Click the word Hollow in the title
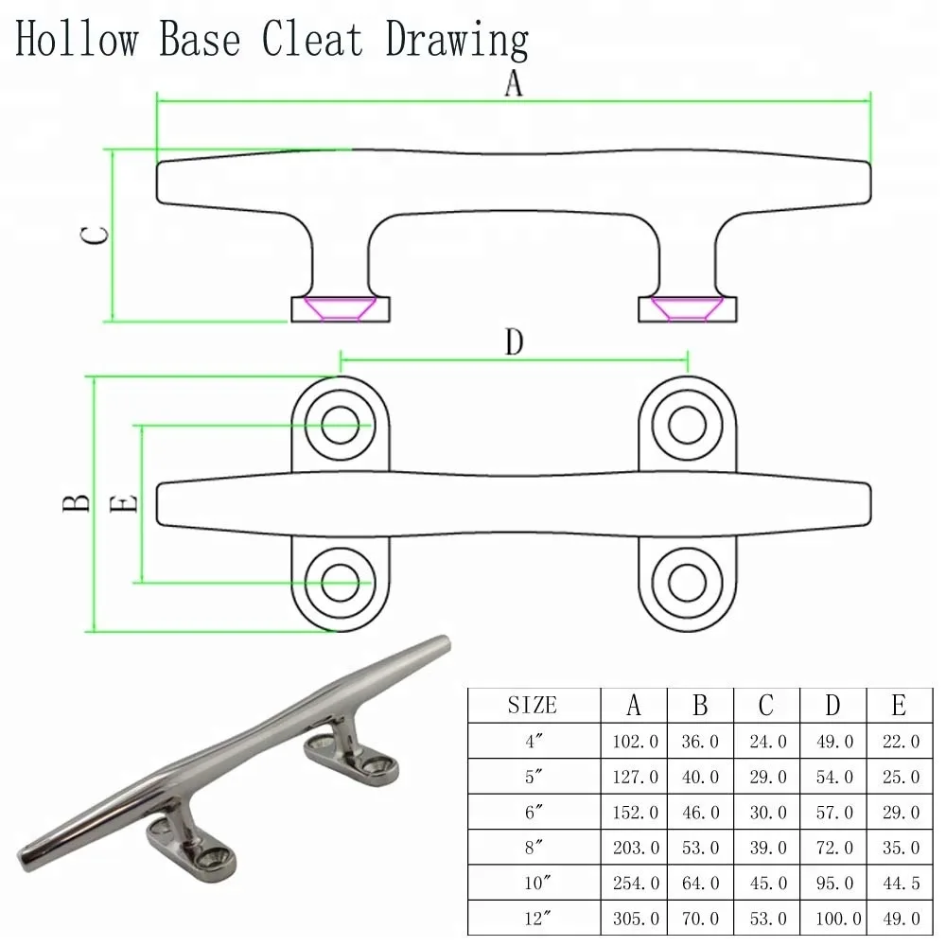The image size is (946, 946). [x=76, y=41]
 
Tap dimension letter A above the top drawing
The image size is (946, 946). [x=513, y=83]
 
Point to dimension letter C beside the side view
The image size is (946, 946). [x=94, y=235]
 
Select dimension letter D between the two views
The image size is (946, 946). [x=514, y=342]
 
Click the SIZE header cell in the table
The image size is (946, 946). [x=534, y=706]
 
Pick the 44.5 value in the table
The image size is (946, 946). [x=899, y=884]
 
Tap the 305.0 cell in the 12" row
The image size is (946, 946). [x=635, y=919]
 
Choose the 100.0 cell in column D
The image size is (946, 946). [x=833, y=919]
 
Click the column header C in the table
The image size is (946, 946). [x=766, y=706]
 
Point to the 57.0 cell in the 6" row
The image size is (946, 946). [x=833, y=813]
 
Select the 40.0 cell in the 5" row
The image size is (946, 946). [x=701, y=778]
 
